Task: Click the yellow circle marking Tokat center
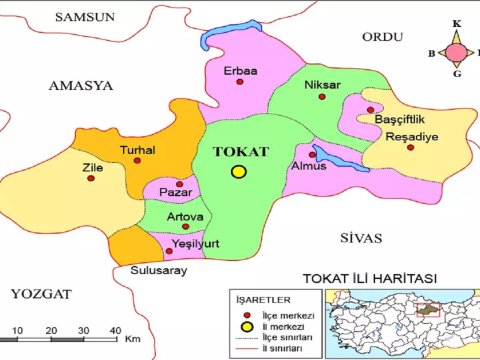[238, 172]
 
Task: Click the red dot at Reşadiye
[410, 148]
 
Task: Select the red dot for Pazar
[179, 184]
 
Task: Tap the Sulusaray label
[158, 270]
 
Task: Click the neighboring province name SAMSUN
[85, 17]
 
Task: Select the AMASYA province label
[81, 86]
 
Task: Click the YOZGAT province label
[41, 293]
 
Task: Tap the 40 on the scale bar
[115, 330]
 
